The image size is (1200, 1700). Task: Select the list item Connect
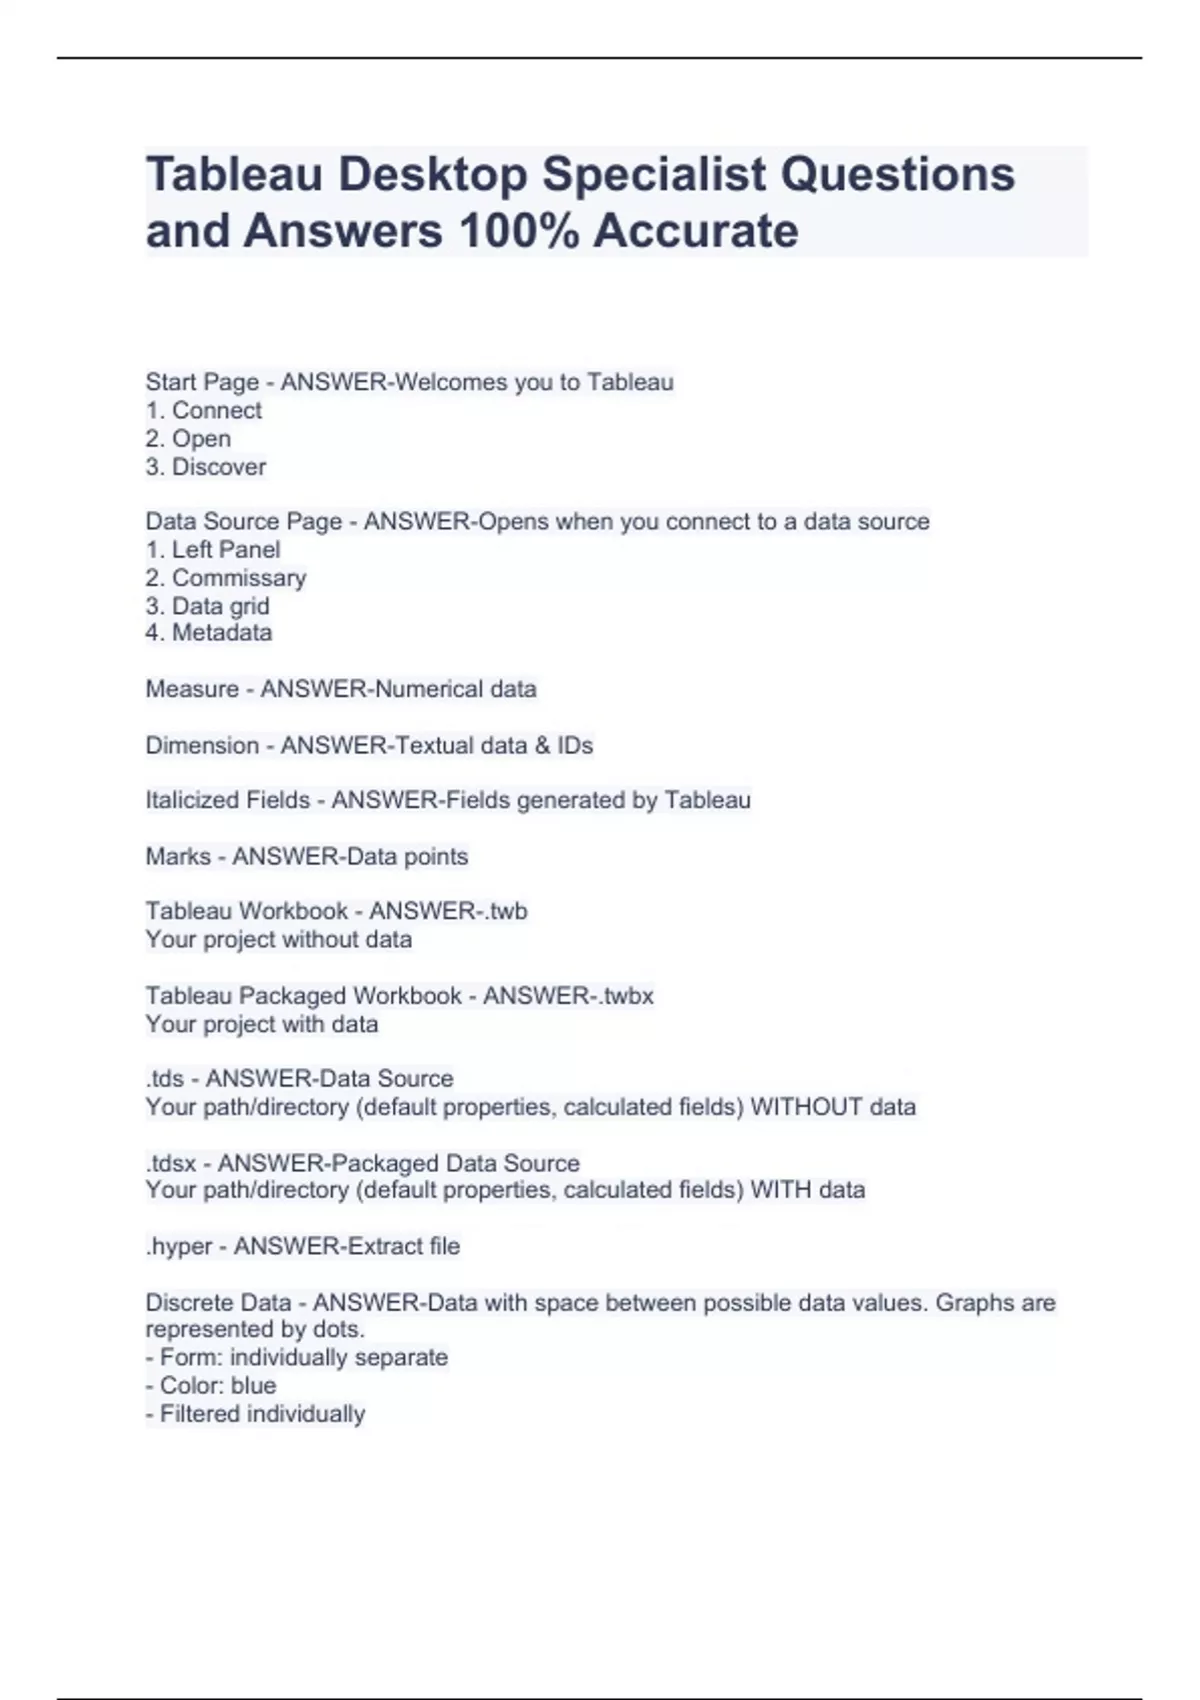pos(216,411)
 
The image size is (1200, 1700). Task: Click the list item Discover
pos(218,467)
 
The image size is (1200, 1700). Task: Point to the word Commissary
pos(239,578)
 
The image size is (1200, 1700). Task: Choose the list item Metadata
pos(221,633)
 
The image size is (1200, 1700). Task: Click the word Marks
pos(178,857)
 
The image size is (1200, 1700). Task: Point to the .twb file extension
pos(505,911)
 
